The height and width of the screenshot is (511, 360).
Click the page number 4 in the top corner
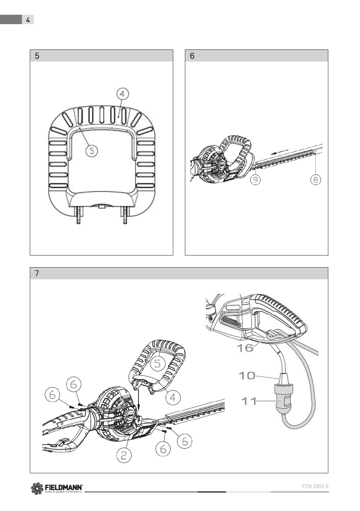pyautogui.click(x=28, y=20)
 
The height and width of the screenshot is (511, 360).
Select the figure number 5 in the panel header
pyautogui.click(x=37, y=56)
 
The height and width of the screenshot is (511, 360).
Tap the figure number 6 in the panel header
pyautogui.click(x=192, y=56)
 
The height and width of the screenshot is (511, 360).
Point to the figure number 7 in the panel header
pyautogui.click(x=37, y=274)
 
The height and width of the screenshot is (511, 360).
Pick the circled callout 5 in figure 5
pyautogui.click(x=92, y=151)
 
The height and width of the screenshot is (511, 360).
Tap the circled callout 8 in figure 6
pyautogui.click(x=316, y=180)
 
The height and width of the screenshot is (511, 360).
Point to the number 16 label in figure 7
pyautogui.click(x=245, y=348)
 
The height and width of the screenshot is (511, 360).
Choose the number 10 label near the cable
pyautogui.click(x=247, y=376)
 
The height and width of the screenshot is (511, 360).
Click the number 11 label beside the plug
pyautogui.click(x=249, y=401)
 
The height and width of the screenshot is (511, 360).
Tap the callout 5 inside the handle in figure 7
pyautogui.click(x=158, y=363)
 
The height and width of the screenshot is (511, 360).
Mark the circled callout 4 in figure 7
pyautogui.click(x=173, y=397)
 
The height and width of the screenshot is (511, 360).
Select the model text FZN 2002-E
pyautogui.click(x=316, y=486)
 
